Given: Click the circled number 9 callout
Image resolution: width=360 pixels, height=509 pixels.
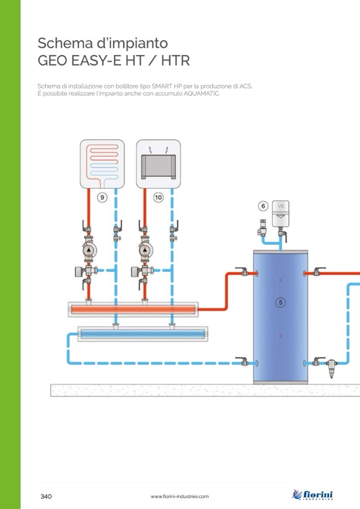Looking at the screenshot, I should click(102, 197).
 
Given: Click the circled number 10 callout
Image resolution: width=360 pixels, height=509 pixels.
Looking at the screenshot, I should click(158, 197).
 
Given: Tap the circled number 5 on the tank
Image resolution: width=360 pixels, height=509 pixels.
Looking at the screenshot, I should click(281, 302).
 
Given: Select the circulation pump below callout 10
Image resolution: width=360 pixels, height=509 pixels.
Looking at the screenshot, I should click(144, 250).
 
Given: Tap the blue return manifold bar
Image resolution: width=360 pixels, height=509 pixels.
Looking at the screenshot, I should click(141, 334).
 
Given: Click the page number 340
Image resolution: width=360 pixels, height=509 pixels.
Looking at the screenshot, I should click(46, 496).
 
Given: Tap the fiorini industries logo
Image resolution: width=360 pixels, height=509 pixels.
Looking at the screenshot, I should click(313, 495).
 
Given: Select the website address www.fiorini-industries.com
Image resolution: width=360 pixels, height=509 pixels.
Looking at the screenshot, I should click(179, 496).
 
